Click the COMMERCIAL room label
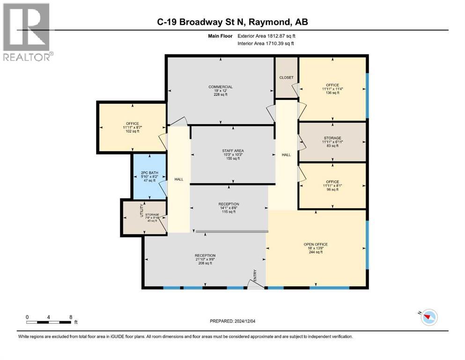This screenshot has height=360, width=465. coord(220,87)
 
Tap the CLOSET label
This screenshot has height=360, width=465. coord(286,77)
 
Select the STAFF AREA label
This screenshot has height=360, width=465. coord(233,150)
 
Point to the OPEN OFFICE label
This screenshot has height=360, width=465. coord(316,244)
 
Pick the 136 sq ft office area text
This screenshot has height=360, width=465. coord(332,93)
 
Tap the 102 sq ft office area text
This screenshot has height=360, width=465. coord(132,131)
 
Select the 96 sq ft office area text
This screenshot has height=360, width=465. coord(332,189)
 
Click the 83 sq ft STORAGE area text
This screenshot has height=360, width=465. coord(332,146)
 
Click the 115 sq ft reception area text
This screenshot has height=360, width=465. coord(229,212)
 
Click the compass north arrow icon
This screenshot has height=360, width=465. coord(428,318)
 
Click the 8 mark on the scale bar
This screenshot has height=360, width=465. coord(70,317)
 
